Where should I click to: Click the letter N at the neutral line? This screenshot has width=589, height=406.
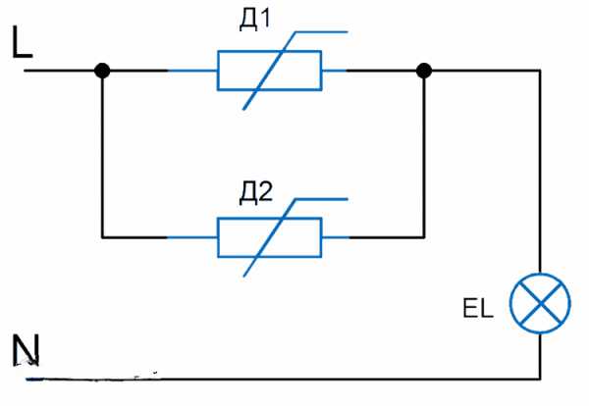(25, 350)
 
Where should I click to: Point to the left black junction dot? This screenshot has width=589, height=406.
(102, 71)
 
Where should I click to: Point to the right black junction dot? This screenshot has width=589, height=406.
(424, 71)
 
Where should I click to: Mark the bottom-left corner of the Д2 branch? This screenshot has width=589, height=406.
(102, 236)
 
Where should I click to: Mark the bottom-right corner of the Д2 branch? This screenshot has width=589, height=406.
(424, 236)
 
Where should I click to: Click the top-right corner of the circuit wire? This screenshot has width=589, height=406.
(540, 71)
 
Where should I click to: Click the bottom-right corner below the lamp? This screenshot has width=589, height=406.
(540, 377)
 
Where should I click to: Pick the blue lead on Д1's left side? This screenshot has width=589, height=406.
(192, 71)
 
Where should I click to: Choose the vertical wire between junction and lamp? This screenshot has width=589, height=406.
(540, 177)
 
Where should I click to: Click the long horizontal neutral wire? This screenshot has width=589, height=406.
(294, 377)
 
